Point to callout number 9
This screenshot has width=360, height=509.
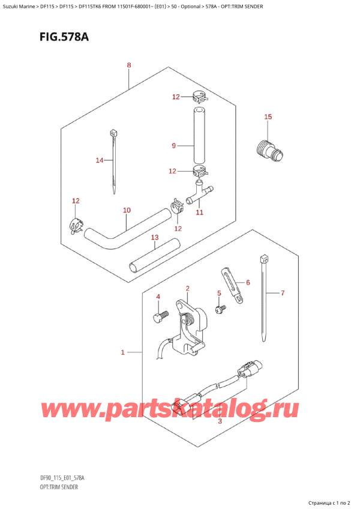click(173, 145)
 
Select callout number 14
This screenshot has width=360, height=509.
click(100, 160)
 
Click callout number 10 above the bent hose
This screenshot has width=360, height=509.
click(126, 210)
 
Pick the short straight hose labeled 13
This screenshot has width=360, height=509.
click(155, 255)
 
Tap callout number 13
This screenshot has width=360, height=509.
click(154, 238)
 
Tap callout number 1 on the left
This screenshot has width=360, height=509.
click(122, 352)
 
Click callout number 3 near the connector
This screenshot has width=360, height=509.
click(220, 422)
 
